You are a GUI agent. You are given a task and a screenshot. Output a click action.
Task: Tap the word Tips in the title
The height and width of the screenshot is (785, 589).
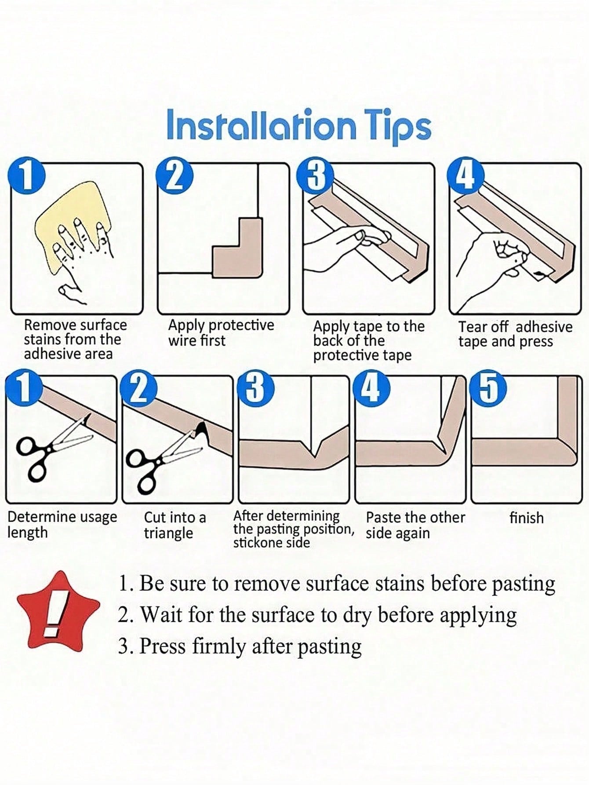tap(398, 128)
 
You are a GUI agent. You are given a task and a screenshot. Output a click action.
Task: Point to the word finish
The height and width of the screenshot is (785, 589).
tap(526, 518)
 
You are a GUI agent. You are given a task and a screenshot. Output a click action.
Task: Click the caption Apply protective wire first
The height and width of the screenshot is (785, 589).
tap(221, 332)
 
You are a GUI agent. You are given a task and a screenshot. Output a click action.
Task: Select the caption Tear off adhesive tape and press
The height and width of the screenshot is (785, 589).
tap(515, 334)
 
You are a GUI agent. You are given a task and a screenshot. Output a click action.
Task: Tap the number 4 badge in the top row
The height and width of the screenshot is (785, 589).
tap(466, 176)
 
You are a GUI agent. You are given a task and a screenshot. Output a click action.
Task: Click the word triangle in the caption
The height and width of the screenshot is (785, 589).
tap(168, 533)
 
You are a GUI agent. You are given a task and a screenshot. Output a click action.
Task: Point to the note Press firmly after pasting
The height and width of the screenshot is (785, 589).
tap(240, 646)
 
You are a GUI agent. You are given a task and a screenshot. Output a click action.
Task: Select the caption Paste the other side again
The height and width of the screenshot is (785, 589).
tap(415, 525)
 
